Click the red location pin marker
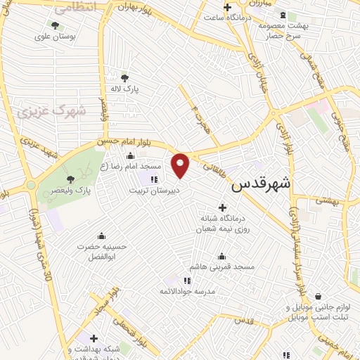181,165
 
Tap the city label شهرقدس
262,184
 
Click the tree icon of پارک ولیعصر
69,179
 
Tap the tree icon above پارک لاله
125,78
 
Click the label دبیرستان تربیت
158,190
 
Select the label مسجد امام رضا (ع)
131,167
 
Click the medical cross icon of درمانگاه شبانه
223,207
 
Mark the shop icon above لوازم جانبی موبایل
319,296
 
